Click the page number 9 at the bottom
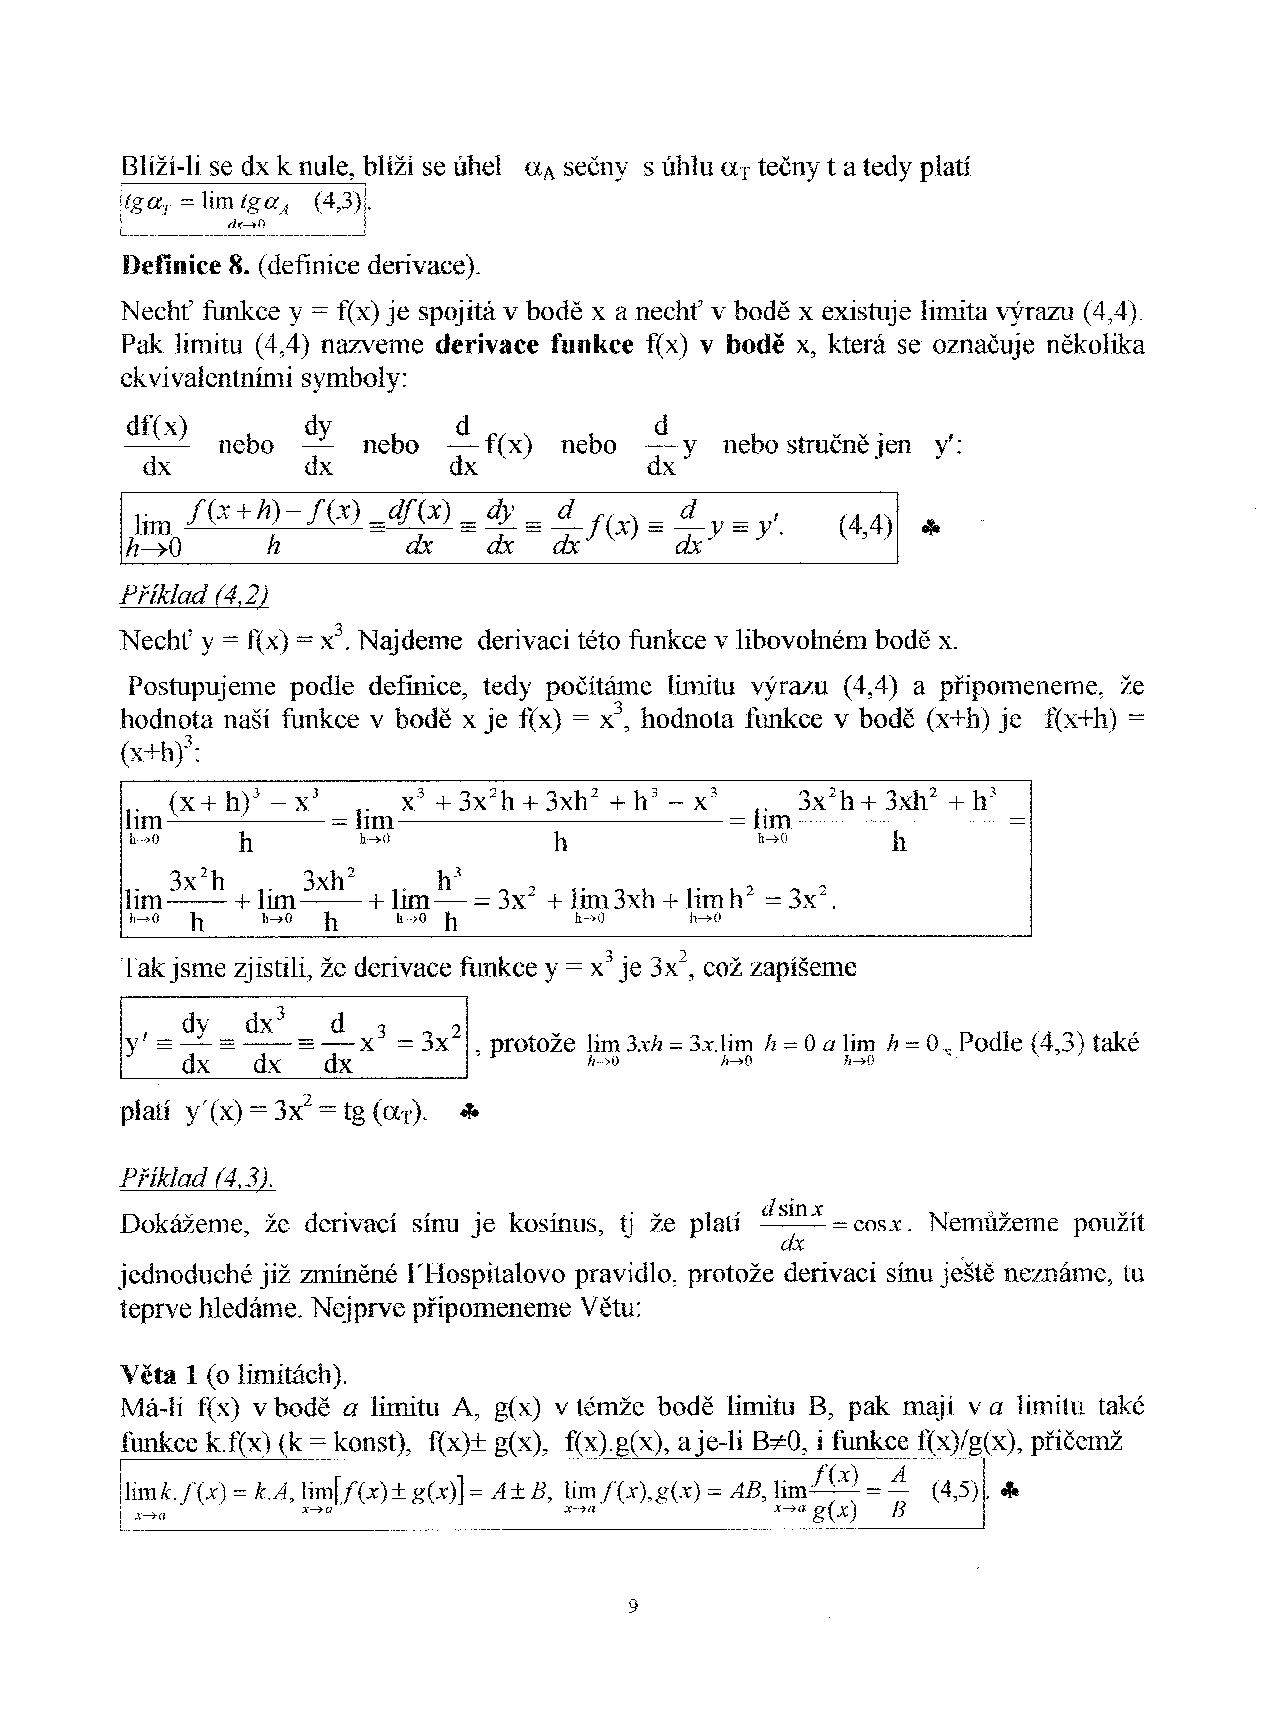pyautogui.click(x=632, y=1606)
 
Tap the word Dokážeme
pyautogui.click(x=185, y=1224)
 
